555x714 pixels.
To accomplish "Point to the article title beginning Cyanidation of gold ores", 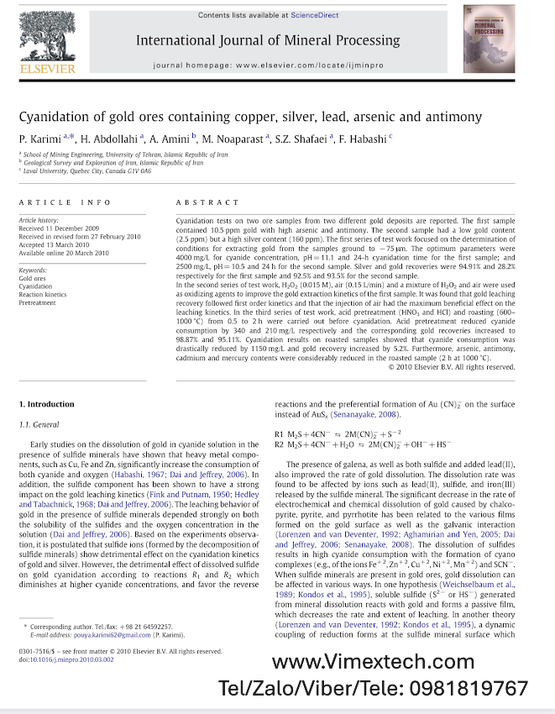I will point(250,117).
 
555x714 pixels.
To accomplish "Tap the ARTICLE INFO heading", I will point(65,202).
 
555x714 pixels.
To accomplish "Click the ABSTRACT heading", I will point(207,202).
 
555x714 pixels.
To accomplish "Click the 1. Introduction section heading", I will point(46,404).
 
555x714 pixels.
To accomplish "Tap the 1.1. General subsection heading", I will point(39,425).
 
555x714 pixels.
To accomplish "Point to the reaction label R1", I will point(280,434).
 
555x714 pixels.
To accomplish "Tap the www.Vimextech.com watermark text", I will point(373,663).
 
